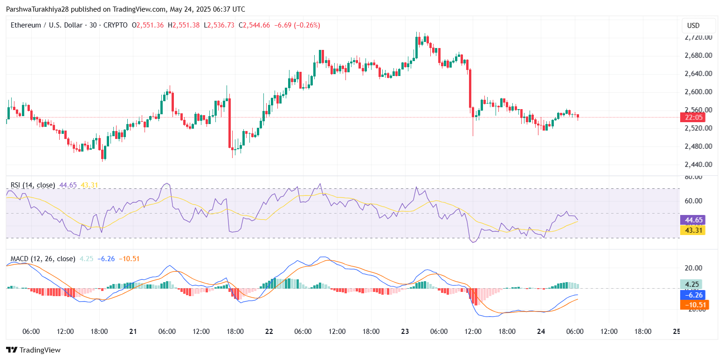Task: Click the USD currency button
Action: (x=694, y=26)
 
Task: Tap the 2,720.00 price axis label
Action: (x=698, y=37)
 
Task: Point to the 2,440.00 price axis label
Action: (x=698, y=165)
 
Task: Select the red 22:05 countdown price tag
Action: (x=692, y=118)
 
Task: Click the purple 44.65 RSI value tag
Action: (x=692, y=220)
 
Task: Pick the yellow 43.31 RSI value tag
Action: (x=692, y=230)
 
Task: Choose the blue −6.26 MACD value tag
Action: (x=692, y=295)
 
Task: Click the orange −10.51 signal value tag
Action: (x=692, y=305)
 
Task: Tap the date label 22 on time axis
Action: (x=269, y=332)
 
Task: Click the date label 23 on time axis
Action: (x=405, y=332)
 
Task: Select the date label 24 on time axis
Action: (x=541, y=332)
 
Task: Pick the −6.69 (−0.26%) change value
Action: (x=297, y=25)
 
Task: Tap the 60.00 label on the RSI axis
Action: (x=693, y=201)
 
